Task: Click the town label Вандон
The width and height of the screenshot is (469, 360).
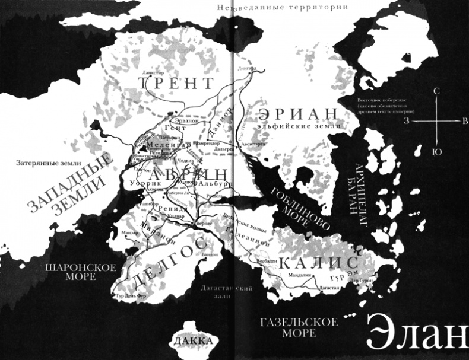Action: tap(210, 254)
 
